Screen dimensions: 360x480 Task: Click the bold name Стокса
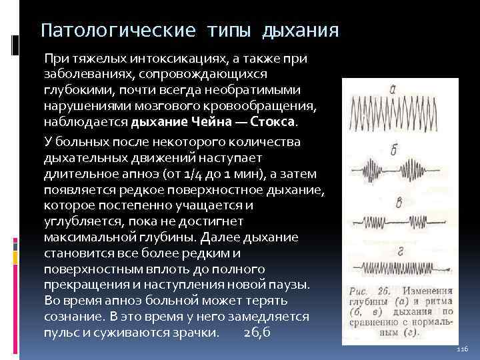coord(274,123)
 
